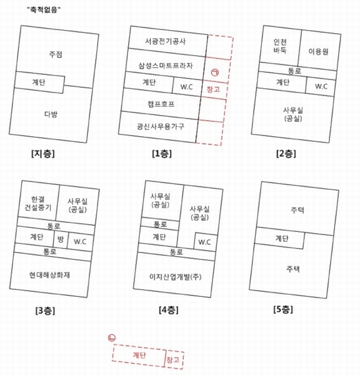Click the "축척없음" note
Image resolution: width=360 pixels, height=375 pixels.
[44, 10]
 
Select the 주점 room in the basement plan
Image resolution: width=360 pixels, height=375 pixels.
[56, 54]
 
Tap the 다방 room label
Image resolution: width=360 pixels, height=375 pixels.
[51, 114]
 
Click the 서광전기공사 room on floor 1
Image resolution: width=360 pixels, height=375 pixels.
[165, 41]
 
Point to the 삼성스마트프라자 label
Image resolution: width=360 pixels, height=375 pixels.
[166, 65]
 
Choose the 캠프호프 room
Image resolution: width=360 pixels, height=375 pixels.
[161, 104]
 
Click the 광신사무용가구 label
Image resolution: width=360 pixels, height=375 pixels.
[161, 126]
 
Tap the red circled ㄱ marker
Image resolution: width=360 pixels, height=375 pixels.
[215, 72]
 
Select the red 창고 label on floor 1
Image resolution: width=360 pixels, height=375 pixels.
[213, 89]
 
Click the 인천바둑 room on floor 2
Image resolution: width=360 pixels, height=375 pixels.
[280, 46]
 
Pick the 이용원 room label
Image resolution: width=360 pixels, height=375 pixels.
[318, 51]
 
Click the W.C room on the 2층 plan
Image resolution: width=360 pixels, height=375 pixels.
[321, 86]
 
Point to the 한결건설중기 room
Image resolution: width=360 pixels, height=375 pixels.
[38, 203]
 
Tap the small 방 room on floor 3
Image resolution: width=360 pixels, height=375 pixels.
[60, 239]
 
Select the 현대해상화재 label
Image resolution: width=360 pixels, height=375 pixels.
[49, 275]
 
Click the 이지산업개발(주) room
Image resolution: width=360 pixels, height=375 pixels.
[176, 277]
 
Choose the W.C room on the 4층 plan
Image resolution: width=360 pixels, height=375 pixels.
[204, 242]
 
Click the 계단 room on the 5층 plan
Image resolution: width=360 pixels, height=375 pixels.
[282, 238]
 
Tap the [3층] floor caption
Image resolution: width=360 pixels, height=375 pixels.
[45, 311]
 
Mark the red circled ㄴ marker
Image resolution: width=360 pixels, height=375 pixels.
[112, 337]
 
